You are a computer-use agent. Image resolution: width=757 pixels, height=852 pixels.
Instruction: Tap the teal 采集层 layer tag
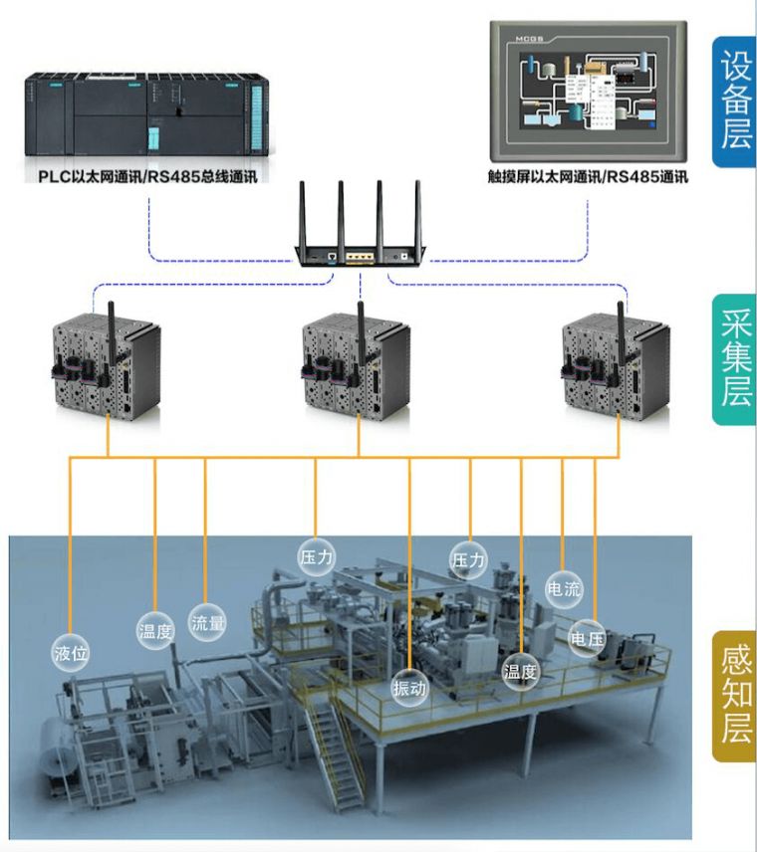click(x=733, y=358)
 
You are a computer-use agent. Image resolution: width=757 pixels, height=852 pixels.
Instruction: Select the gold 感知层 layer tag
click(x=733, y=696)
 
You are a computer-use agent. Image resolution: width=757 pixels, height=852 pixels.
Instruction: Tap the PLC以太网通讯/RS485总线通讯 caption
click(x=147, y=179)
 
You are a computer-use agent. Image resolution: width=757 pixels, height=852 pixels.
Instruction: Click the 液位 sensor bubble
click(x=71, y=653)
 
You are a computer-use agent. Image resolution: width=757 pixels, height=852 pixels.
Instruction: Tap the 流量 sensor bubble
click(x=208, y=624)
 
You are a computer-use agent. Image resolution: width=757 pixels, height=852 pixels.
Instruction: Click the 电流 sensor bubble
click(x=564, y=588)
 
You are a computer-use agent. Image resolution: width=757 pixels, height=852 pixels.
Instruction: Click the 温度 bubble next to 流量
click(x=155, y=630)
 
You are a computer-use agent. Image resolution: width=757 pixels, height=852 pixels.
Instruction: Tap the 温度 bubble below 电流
click(x=520, y=672)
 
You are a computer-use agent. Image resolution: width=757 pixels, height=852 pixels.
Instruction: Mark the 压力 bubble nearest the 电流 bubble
click(x=469, y=560)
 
